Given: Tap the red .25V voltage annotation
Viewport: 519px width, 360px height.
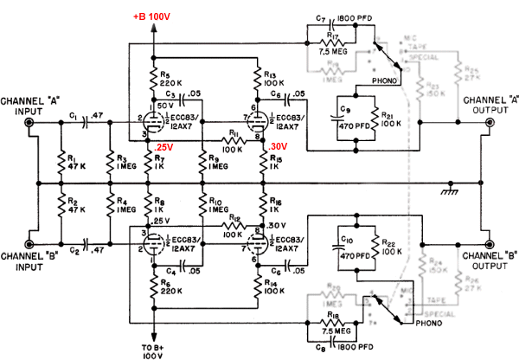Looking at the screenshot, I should [x=162, y=148].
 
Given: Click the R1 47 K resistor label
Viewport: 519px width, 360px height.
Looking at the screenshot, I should [x=75, y=160].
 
